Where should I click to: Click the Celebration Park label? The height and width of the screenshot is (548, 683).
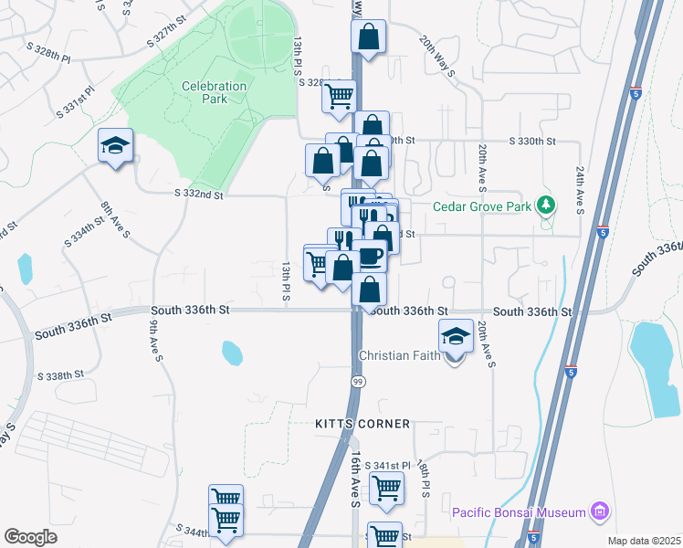click(215, 92)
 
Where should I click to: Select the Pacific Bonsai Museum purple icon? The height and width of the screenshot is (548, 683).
click(599, 511)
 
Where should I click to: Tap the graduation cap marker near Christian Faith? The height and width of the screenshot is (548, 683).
click(456, 336)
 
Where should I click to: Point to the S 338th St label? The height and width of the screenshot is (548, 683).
click(61, 375)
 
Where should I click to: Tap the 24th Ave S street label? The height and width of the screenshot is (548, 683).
click(580, 189)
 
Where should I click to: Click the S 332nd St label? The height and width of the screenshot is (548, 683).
click(198, 194)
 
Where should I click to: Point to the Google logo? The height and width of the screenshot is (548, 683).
click(30, 537)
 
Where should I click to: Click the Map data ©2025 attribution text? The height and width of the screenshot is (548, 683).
click(644, 541)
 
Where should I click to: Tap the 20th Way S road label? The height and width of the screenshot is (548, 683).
click(437, 57)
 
